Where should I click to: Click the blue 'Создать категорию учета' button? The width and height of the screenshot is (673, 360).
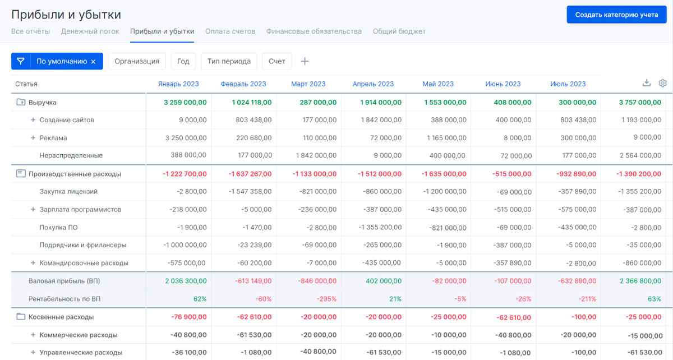coord(616,15)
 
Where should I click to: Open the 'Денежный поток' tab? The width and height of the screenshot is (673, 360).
coord(90,31)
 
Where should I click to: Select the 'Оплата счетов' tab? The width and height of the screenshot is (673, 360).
coord(230,31)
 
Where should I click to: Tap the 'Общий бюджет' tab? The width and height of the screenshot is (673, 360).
coord(399,31)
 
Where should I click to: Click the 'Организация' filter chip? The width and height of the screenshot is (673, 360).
coord(137,61)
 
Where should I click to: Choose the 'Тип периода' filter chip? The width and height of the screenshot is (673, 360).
coord(229,61)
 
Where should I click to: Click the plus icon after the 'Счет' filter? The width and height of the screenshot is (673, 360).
coord(305,61)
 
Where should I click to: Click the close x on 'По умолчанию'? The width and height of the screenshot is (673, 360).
coord(93,62)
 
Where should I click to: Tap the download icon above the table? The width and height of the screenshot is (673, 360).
coord(647,83)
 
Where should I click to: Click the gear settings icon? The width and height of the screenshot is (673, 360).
coord(662,83)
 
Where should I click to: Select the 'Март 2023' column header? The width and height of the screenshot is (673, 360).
coord(308,84)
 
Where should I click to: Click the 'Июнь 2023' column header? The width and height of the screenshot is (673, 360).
coord(503,84)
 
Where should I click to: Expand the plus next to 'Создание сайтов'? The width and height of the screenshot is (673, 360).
coord(33,120)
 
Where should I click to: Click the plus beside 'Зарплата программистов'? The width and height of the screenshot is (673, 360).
coord(33,209)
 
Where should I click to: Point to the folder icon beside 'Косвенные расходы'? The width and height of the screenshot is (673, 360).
coord(21,316)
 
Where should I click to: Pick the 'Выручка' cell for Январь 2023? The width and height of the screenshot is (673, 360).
coord(185,103)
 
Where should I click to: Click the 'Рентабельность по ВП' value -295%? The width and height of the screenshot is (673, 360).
coord(326,299)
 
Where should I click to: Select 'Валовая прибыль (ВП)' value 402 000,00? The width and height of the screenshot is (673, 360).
coord(384,281)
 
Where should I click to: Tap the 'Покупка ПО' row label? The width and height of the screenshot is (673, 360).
coord(58,228)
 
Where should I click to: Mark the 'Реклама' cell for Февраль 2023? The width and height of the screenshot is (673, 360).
coord(253,138)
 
